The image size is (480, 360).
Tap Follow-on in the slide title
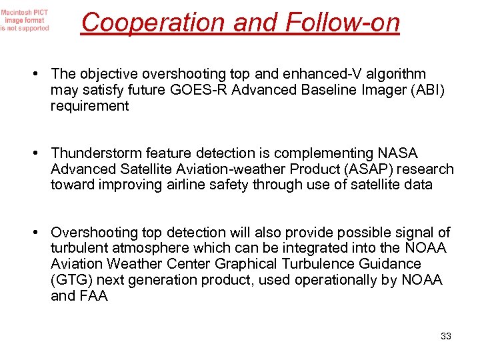click(x=342, y=23)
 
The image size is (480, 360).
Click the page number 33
click(x=446, y=336)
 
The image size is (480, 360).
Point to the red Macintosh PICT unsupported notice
click(x=25, y=20)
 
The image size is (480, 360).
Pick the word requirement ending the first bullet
click(x=90, y=106)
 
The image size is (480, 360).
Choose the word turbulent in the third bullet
click(x=79, y=248)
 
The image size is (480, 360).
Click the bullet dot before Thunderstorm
click(x=42, y=154)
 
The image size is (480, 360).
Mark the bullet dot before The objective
click(x=42, y=75)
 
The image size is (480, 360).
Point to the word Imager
click(x=360, y=90)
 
